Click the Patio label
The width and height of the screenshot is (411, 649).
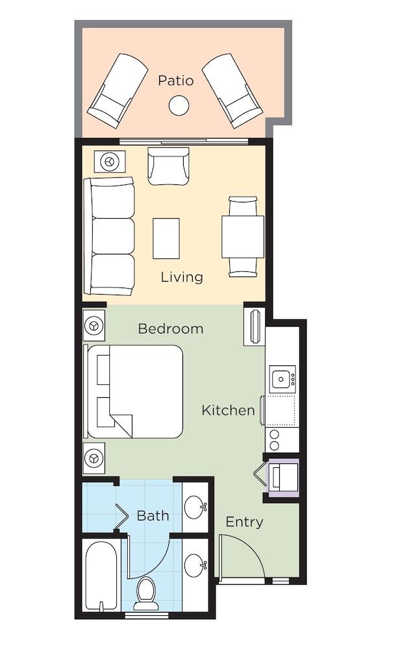(175, 80)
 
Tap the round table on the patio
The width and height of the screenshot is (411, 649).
(179, 105)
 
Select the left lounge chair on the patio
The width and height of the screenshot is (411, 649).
(118, 91)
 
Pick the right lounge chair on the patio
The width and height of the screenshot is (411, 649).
(232, 91)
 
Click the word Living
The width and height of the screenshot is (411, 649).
(182, 277)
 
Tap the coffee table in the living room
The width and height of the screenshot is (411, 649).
(166, 238)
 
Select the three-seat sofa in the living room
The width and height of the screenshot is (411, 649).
(109, 236)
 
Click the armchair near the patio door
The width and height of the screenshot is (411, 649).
(168, 166)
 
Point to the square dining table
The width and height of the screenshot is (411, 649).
(243, 237)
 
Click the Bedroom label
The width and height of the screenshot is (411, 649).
(171, 329)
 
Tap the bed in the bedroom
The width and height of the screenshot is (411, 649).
(133, 391)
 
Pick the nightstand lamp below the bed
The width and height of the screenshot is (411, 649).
(94, 458)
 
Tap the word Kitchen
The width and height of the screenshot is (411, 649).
(228, 410)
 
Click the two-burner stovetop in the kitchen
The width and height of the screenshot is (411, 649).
(275, 439)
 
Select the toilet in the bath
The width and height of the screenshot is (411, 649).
(145, 593)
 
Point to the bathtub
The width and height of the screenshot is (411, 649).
(101, 575)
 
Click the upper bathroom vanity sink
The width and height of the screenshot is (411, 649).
(195, 507)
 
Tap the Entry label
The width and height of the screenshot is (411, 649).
(244, 522)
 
